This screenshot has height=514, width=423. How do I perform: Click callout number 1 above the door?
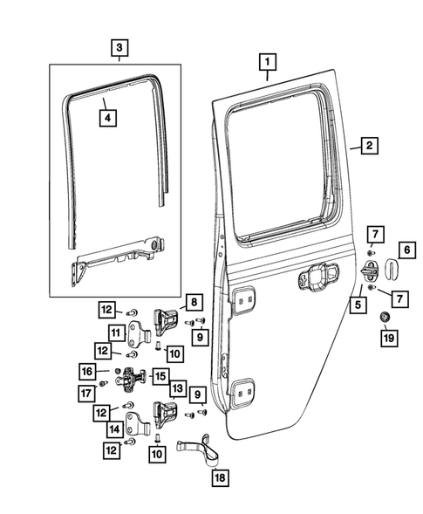(268, 63)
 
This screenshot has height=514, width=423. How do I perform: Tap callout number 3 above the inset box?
(119, 47)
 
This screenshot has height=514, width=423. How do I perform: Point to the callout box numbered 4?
(106, 116)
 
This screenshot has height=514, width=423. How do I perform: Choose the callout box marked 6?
(406, 250)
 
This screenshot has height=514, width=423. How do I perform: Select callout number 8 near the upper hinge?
(194, 304)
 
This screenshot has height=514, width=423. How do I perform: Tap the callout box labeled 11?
(115, 332)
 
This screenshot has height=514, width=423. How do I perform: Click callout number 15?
(160, 376)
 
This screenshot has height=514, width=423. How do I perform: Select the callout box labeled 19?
(387, 335)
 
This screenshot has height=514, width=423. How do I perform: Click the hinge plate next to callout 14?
(140, 427)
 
